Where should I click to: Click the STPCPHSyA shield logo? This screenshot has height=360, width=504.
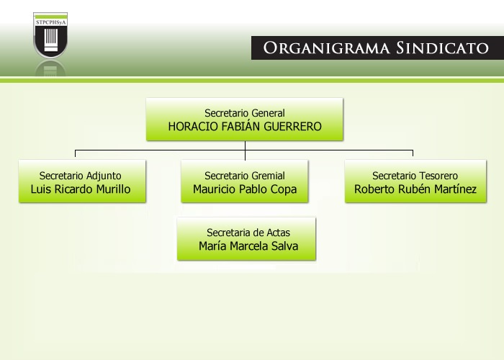pyautogui.click(x=50, y=35)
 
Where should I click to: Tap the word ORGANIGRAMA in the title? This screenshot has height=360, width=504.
pyautogui.click(x=326, y=48)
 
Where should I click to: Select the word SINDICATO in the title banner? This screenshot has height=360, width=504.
pyautogui.click(x=442, y=48)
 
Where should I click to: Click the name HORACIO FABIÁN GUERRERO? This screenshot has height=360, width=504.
pyautogui.click(x=245, y=126)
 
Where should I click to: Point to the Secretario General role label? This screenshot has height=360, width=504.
pyautogui.click(x=245, y=113)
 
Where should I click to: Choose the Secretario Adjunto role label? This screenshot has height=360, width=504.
pyautogui.click(x=81, y=176)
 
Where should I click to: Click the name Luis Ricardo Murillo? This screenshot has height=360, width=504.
pyautogui.click(x=81, y=189)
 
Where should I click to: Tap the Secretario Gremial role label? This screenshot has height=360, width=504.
pyautogui.click(x=245, y=176)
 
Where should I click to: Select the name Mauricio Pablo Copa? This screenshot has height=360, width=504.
pyautogui.click(x=245, y=189)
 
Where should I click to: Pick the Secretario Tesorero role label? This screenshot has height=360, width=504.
pyautogui.click(x=415, y=176)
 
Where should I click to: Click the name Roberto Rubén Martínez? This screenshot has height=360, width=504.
pyautogui.click(x=415, y=189)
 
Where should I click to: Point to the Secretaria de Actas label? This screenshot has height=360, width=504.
pyautogui.click(x=248, y=233)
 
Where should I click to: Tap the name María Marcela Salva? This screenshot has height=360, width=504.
pyautogui.click(x=248, y=246)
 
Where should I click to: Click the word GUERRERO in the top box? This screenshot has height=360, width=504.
pyautogui.click(x=292, y=126)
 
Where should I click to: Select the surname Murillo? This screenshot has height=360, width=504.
pyautogui.click(x=114, y=189)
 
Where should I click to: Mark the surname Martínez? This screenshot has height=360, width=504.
pyautogui.click(x=455, y=189)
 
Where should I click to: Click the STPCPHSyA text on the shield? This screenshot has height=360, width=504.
pyautogui.click(x=50, y=22)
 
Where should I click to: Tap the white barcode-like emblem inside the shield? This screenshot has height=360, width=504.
pyautogui.click(x=51, y=40)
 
